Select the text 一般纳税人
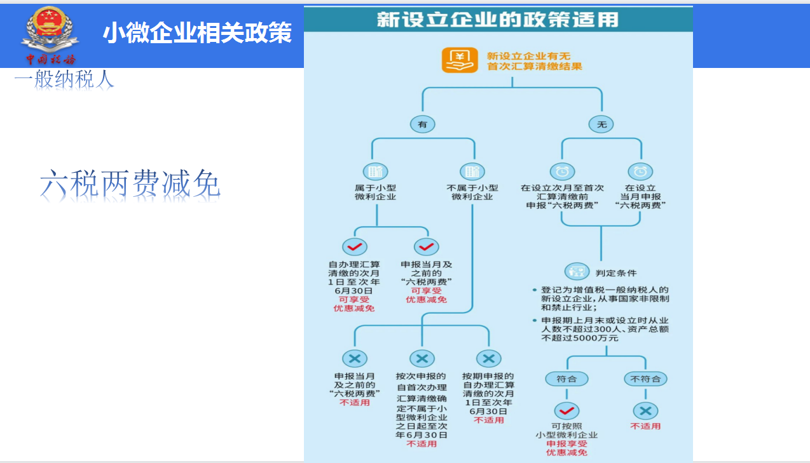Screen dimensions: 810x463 [64, 79]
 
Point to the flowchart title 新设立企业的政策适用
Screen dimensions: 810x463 [497, 20]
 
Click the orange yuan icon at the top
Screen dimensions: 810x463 [460, 61]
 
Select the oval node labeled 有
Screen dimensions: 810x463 [423, 124]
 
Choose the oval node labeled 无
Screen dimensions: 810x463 [601, 124]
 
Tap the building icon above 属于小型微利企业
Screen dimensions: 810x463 [375, 171]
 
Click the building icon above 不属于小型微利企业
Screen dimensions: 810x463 [472, 171]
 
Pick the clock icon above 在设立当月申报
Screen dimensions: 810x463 [640, 171]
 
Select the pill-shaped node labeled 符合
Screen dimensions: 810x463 [566, 379]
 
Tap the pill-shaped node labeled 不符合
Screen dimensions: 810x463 [645, 379]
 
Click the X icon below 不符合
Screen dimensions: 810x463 [645, 410]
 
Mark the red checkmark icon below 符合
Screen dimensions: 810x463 [566, 410]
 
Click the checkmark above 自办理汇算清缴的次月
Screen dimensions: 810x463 [355, 247]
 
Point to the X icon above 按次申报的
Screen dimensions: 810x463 [422, 359]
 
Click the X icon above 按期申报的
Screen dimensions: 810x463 [488, 359]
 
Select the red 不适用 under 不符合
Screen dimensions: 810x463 [645, 426]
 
